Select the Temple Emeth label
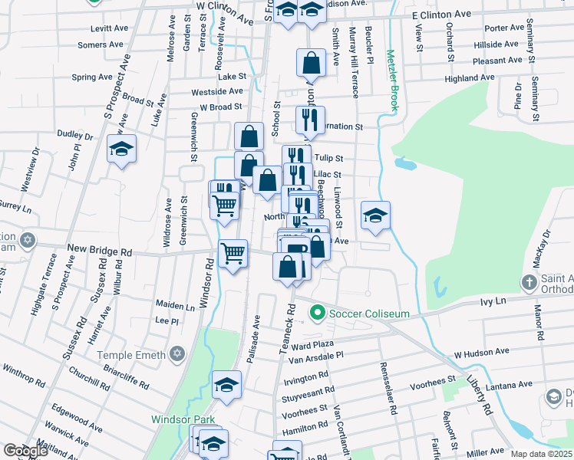131,354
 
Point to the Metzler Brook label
391,81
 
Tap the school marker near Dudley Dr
121,148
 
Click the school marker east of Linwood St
375,215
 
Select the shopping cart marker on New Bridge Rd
233,252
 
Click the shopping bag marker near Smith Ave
311,63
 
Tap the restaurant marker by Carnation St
310,120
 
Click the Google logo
25,451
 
